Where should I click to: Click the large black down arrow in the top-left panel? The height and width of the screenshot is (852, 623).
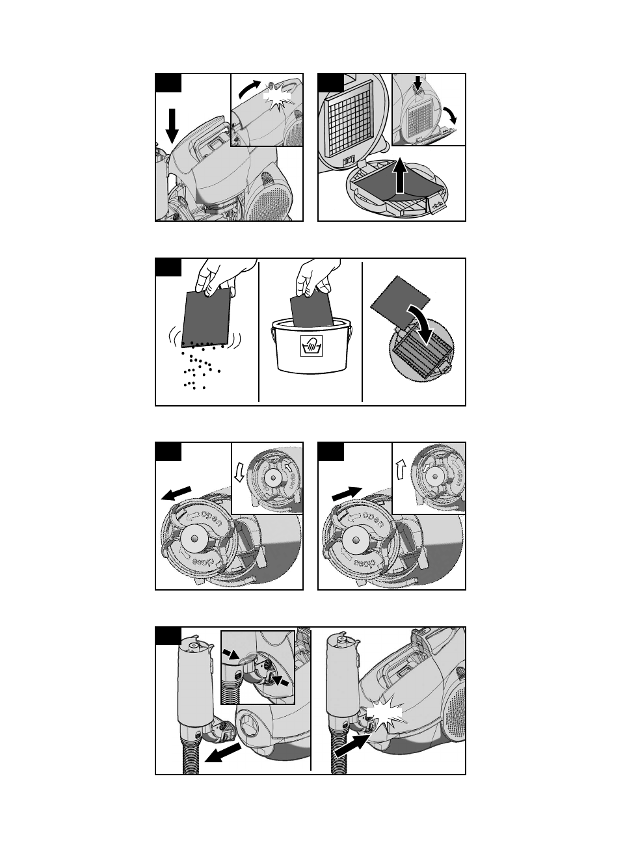click(172, 126)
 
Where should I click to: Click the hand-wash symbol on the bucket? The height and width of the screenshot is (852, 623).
click(311, 347)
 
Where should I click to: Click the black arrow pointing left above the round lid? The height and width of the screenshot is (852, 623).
click(176, 493)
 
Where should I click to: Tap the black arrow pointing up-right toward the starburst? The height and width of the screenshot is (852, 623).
click(352, 747)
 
